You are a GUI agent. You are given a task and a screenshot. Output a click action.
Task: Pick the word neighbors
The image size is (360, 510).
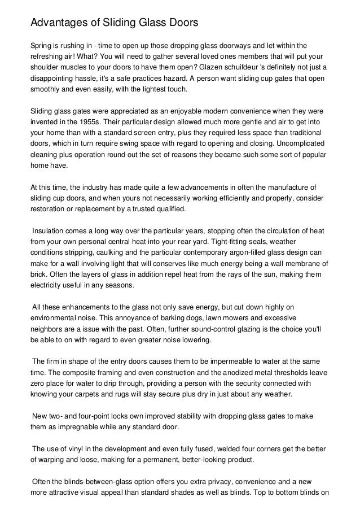47,329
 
